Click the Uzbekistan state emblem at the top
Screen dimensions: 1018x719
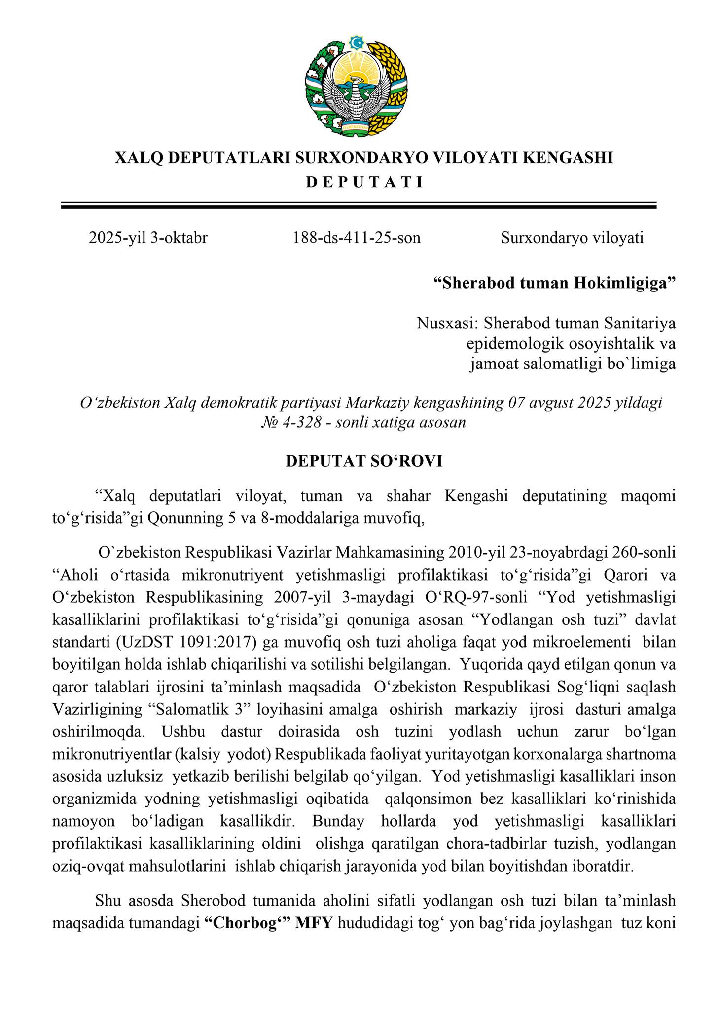point(359,84)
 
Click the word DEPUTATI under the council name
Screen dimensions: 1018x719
point(364,182)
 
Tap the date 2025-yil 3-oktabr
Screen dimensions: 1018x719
point(148,238)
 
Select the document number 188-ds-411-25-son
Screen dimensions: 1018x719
point(357,238)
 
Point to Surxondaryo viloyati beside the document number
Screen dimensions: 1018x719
point(572,238)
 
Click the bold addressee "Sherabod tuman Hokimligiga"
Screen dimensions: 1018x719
point(554,284)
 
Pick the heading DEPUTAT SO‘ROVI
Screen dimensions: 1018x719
point(364,461)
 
